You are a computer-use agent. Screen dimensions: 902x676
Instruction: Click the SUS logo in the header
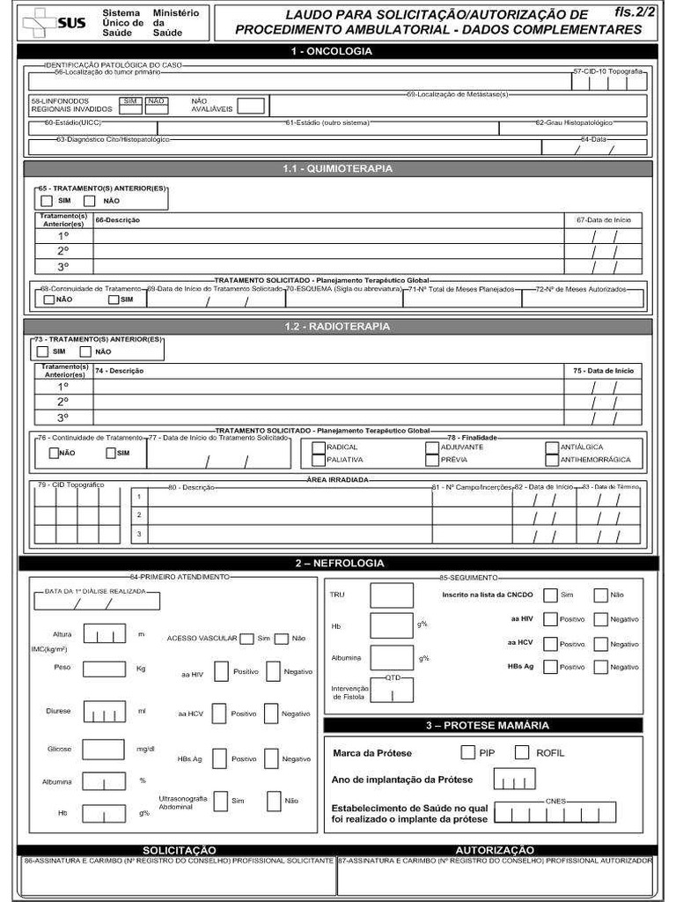click(55, 22)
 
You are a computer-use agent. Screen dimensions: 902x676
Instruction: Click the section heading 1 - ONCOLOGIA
click(338, 52)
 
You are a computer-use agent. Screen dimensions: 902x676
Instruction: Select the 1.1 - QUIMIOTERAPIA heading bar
click(338, 168)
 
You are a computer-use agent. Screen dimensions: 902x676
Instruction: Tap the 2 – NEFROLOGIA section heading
click(338, 563)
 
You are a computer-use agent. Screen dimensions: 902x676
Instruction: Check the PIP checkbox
click(468, 752)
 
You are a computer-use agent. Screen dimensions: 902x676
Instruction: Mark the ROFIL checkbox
click(522, 752)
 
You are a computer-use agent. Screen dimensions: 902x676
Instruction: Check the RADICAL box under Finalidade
click(318, 447)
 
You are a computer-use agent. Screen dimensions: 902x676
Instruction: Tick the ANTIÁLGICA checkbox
click(552, 447)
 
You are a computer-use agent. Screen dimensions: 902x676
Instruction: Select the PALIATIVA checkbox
click(318, 460)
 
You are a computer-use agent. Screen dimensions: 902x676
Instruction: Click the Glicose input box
click(104, 749)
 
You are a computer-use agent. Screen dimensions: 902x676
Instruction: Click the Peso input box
click(104, 669)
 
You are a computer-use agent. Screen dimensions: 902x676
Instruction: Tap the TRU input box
click(392, 595)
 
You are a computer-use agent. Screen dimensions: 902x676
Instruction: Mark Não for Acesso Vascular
click(282, 639)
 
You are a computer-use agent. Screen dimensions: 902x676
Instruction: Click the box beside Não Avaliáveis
click(251, 106)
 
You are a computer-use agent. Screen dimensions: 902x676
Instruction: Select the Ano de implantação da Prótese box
click(515, 780)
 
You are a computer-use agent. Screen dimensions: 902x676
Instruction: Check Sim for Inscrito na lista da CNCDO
click(550, 595)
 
